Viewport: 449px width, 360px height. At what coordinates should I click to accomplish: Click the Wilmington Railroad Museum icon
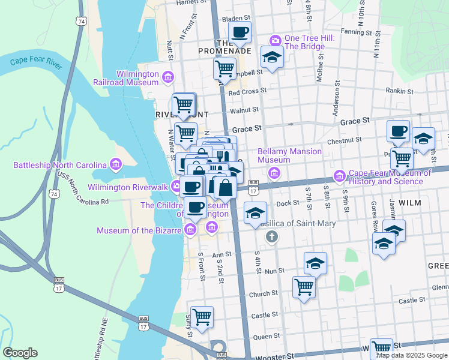pyautogui.click(x=167, y=77)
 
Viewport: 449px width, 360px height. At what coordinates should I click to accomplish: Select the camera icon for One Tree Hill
pyautogui.click(x=276, y=40)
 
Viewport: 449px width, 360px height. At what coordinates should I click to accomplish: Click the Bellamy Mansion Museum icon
pyautogui.click(x=274, y=174)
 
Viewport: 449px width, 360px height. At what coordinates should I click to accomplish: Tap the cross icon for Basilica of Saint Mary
pyautogui.click(x=271, y=236)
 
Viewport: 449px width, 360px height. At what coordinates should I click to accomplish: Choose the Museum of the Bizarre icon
pyautogui.click(x=190, y=229)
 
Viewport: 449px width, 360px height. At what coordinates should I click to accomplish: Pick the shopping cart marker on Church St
pyautogui.click(x=304, y=287)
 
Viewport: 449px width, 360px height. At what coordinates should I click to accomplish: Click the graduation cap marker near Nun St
pyautogui.click(x=315, y=263)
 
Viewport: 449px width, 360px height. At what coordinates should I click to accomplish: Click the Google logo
pyautogui.click(x=20, y=353)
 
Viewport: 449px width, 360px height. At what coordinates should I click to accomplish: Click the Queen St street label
pyautogui.click(x=265, y=337)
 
